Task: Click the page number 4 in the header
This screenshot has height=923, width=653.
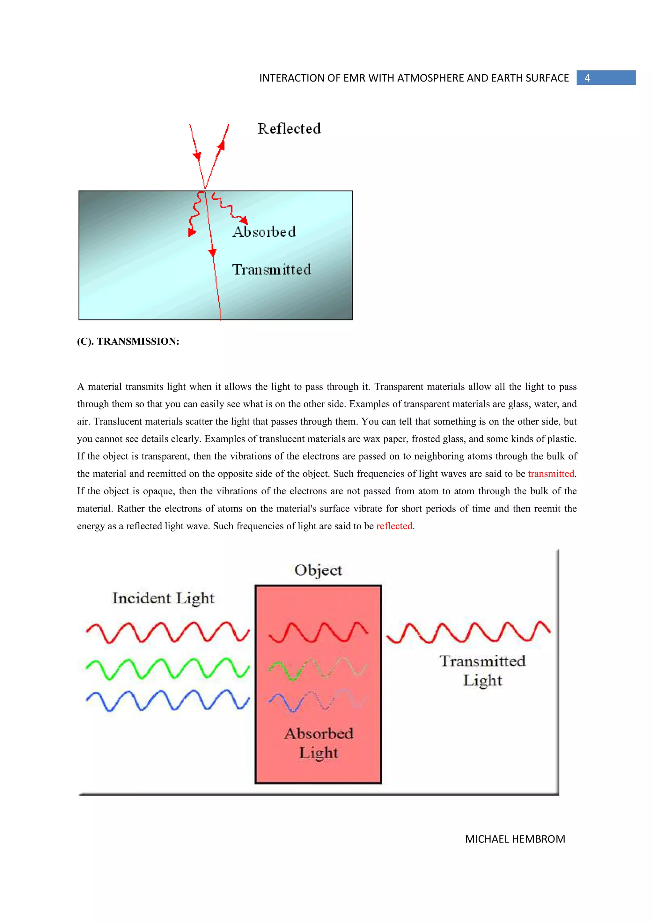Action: [x=587, y=78]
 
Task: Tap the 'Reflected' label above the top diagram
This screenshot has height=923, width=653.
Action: [x=289, y=129]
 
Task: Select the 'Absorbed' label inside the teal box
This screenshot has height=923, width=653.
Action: [x=264, y=232]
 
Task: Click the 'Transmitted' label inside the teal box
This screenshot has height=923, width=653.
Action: [x=272, y=269]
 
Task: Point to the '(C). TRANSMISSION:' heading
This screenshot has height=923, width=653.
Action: [x=128, y=341]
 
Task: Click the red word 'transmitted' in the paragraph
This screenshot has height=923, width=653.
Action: [x=551, y=474]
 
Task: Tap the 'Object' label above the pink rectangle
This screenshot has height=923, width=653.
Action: [x=318, y=570]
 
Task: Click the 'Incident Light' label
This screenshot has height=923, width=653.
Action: [x=163, y=598]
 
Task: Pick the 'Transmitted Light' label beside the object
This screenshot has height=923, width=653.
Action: [x=482, y=670]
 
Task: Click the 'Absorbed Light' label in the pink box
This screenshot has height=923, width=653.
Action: [x=319, y=743]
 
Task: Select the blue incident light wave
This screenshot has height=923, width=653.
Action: [x=167, y=700]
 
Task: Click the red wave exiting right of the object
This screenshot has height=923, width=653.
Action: [x=468, y=632]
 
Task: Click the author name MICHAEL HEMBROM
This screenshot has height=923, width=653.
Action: [x=515, y=839]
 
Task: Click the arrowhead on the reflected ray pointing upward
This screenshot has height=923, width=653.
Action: [x=221, y=146]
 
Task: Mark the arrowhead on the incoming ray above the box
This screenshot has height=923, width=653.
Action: [x=197, y=155]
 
